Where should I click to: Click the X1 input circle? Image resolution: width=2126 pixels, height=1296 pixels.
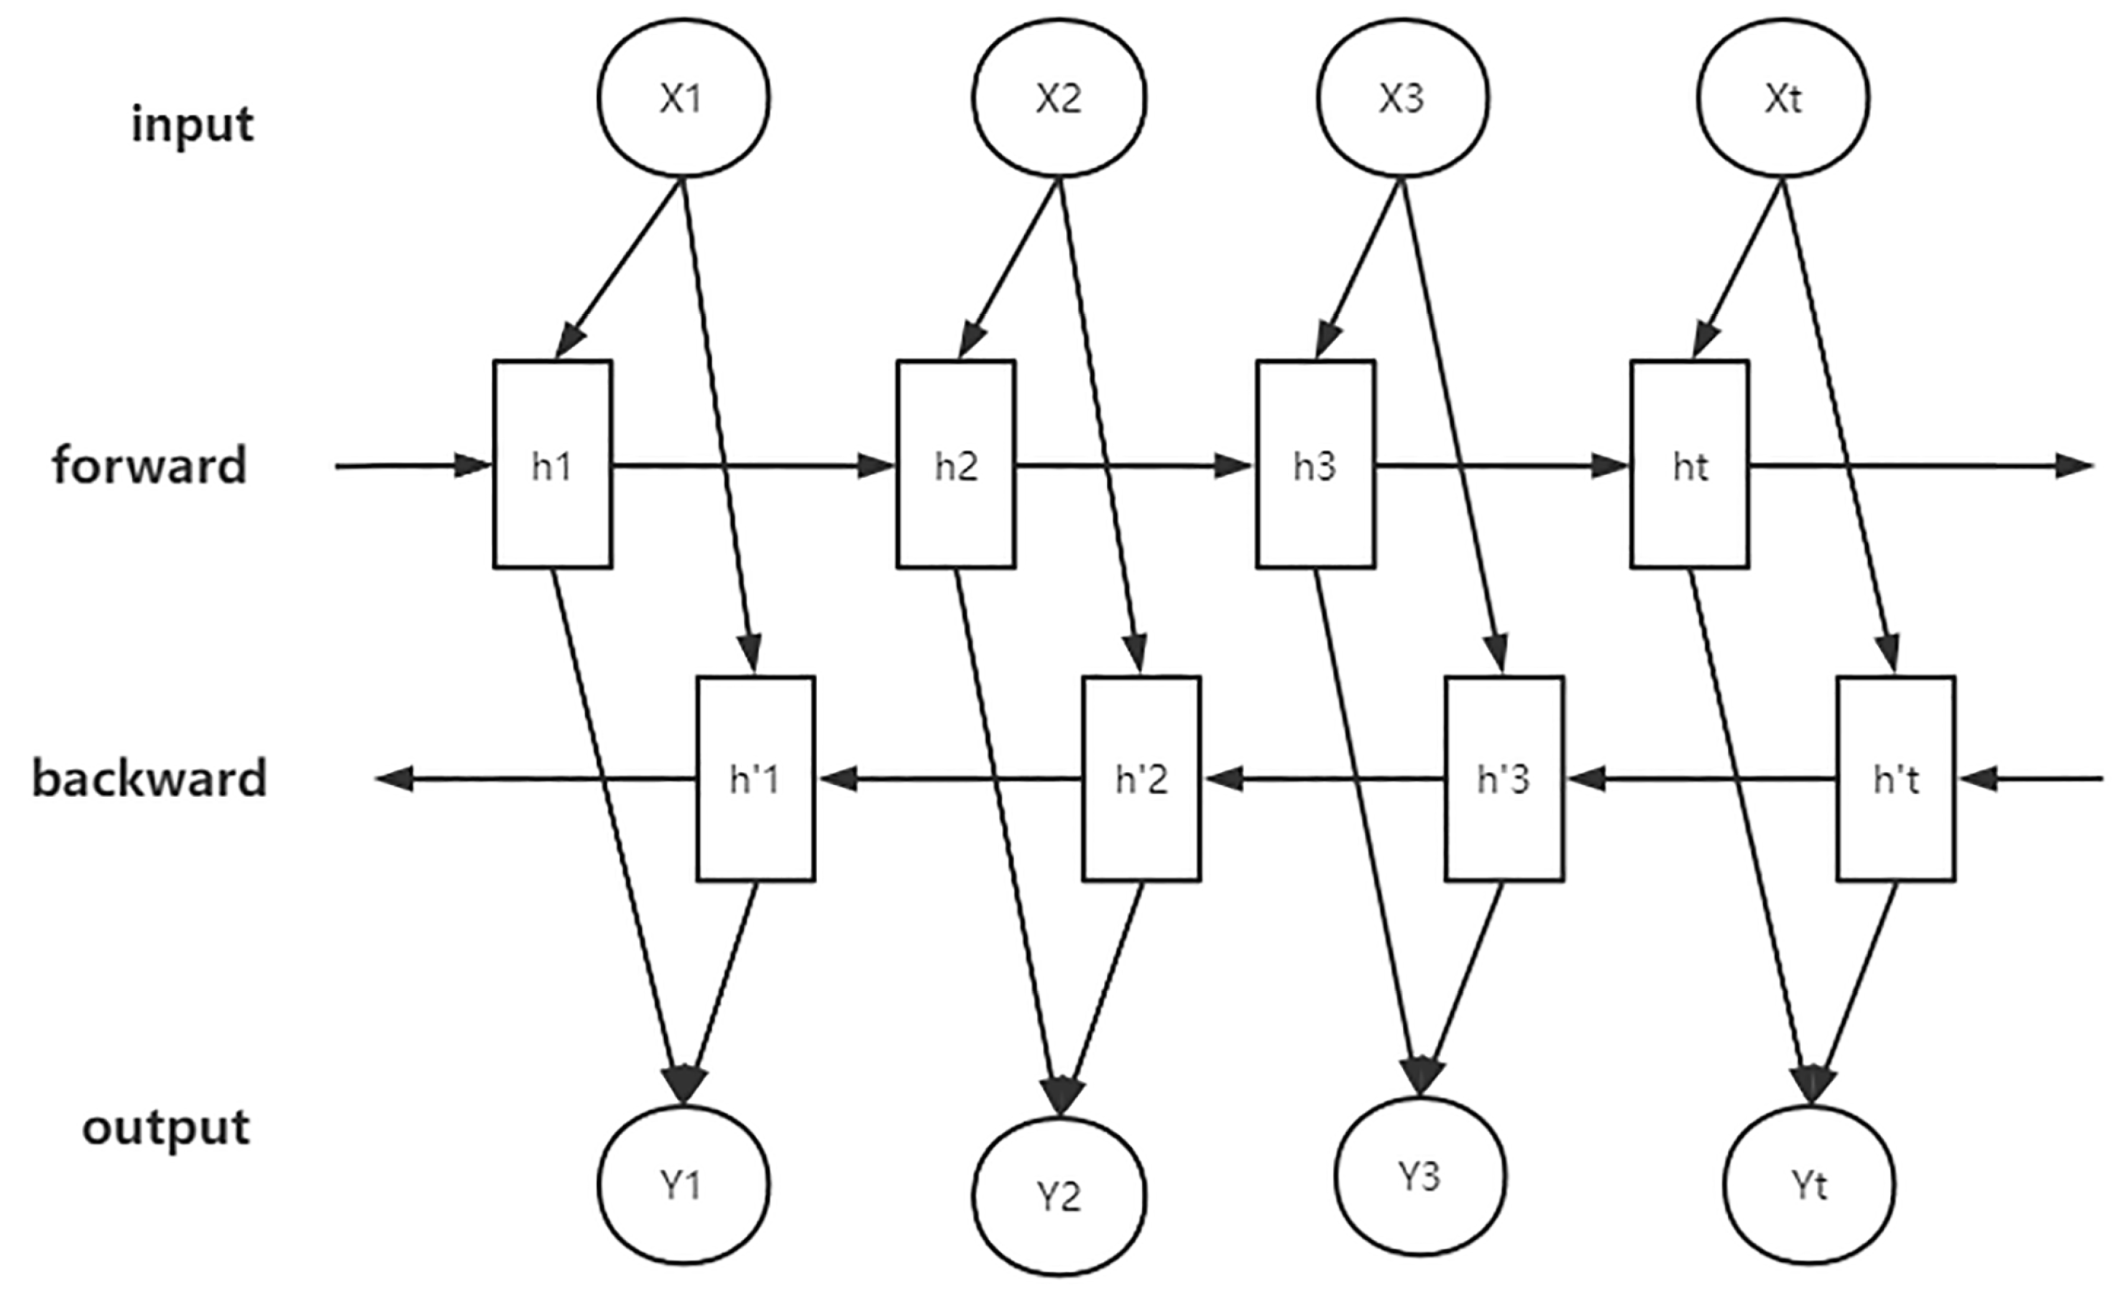pyautogui.click(x=683, y=98)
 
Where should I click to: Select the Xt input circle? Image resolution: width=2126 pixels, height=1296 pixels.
pyautogui.click(x=1782, y=98)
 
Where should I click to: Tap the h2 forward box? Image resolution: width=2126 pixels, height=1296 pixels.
pyautogui.click(x=956, y=465)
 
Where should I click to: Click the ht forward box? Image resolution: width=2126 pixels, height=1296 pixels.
pyautogui.click(x=1690, y=465)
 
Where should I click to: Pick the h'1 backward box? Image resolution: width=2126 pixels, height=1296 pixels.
pyautogui.click(x=755, y=779)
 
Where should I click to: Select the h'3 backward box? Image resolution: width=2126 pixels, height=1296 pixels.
pyautogui.click(x=1504, y=779)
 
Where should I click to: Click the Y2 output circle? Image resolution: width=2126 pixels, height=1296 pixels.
pyautogui.click(x=1059, y=1197)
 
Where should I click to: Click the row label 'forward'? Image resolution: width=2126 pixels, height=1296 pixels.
pyautogui.click(x=149, y=465)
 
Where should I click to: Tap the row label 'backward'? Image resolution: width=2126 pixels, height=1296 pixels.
pyautogui.click(x=149, y=778)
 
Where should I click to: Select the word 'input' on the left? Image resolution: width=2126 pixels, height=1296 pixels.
pyautogui.click(x=193, y=125)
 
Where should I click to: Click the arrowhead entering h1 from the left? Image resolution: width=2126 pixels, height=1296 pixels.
pyautogui.click(x=473, y=466)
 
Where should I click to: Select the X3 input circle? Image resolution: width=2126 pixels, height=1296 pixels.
pyautogui.click(x=1402, y=98)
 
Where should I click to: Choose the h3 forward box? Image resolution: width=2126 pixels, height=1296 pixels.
pyautogui.click(x=1315, y=465)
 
